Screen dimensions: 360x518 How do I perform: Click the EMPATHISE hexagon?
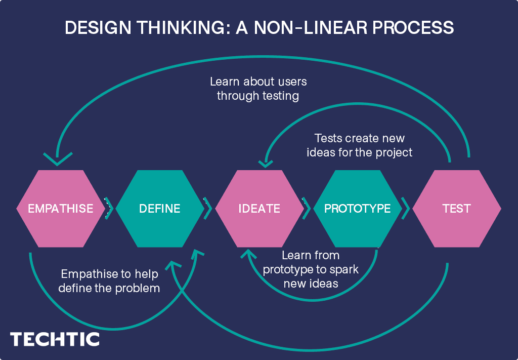(60, 209)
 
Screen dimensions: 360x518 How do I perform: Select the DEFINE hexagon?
(160, 209)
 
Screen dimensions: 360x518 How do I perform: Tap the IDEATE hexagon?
(259, 209)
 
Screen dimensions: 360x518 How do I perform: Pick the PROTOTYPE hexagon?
(358, 209)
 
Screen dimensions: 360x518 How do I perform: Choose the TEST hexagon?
(457, 209)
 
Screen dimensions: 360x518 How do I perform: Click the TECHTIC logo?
(55, 339)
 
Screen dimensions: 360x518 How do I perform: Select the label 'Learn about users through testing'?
(258, 88)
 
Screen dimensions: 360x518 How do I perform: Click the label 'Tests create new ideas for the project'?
(359, 145)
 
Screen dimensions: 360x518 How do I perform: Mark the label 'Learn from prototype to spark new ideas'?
(311, 269)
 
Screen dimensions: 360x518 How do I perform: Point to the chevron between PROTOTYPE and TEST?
(405, 209)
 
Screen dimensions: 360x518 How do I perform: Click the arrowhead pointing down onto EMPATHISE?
(57, 160)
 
